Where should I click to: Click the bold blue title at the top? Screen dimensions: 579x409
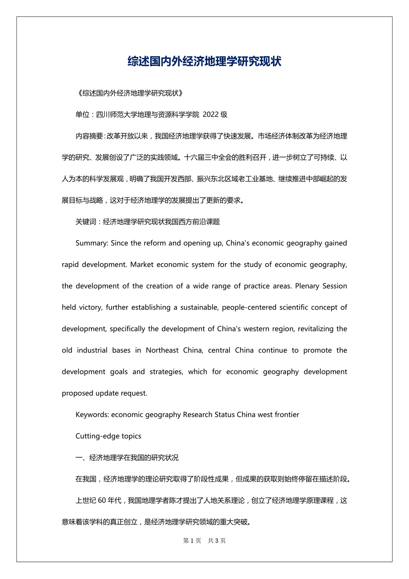(204, 61)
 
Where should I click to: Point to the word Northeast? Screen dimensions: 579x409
(162, 350)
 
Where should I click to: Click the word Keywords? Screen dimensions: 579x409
(92, 414)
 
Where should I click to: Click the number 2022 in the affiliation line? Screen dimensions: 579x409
(211, 114)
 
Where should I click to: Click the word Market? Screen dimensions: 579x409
(142, 265)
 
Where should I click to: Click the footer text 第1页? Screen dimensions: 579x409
(192, 541)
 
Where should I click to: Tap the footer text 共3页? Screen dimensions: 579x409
(217, 541)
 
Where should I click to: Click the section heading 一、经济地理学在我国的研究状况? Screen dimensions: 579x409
(127, 458)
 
